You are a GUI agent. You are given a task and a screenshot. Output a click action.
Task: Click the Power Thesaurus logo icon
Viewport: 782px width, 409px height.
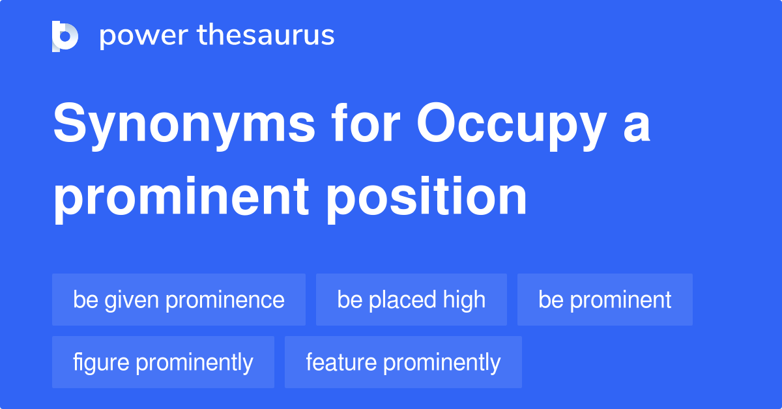point(65,36)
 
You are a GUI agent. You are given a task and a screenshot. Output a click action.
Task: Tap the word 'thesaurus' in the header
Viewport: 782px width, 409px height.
point(266,36)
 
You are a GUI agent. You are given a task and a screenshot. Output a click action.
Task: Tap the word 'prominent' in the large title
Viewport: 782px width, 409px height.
point(181,198)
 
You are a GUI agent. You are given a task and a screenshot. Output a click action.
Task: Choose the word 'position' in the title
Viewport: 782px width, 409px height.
point(427,197)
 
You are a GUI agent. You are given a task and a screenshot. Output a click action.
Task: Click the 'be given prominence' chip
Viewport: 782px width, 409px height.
point(179,300)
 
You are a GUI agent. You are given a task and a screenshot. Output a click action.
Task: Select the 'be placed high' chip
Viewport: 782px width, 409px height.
point(411,300)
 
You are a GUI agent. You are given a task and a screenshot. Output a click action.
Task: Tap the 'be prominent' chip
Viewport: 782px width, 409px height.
point(605,300)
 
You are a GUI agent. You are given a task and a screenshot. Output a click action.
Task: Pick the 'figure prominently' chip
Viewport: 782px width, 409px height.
point(163,362)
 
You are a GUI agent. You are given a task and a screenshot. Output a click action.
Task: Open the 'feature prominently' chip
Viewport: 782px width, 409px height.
point(403,362)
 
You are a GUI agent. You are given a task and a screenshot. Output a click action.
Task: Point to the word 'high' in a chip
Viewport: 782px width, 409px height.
point(464,300)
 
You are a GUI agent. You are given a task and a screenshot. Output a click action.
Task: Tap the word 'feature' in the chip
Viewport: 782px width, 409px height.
point(341,362)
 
